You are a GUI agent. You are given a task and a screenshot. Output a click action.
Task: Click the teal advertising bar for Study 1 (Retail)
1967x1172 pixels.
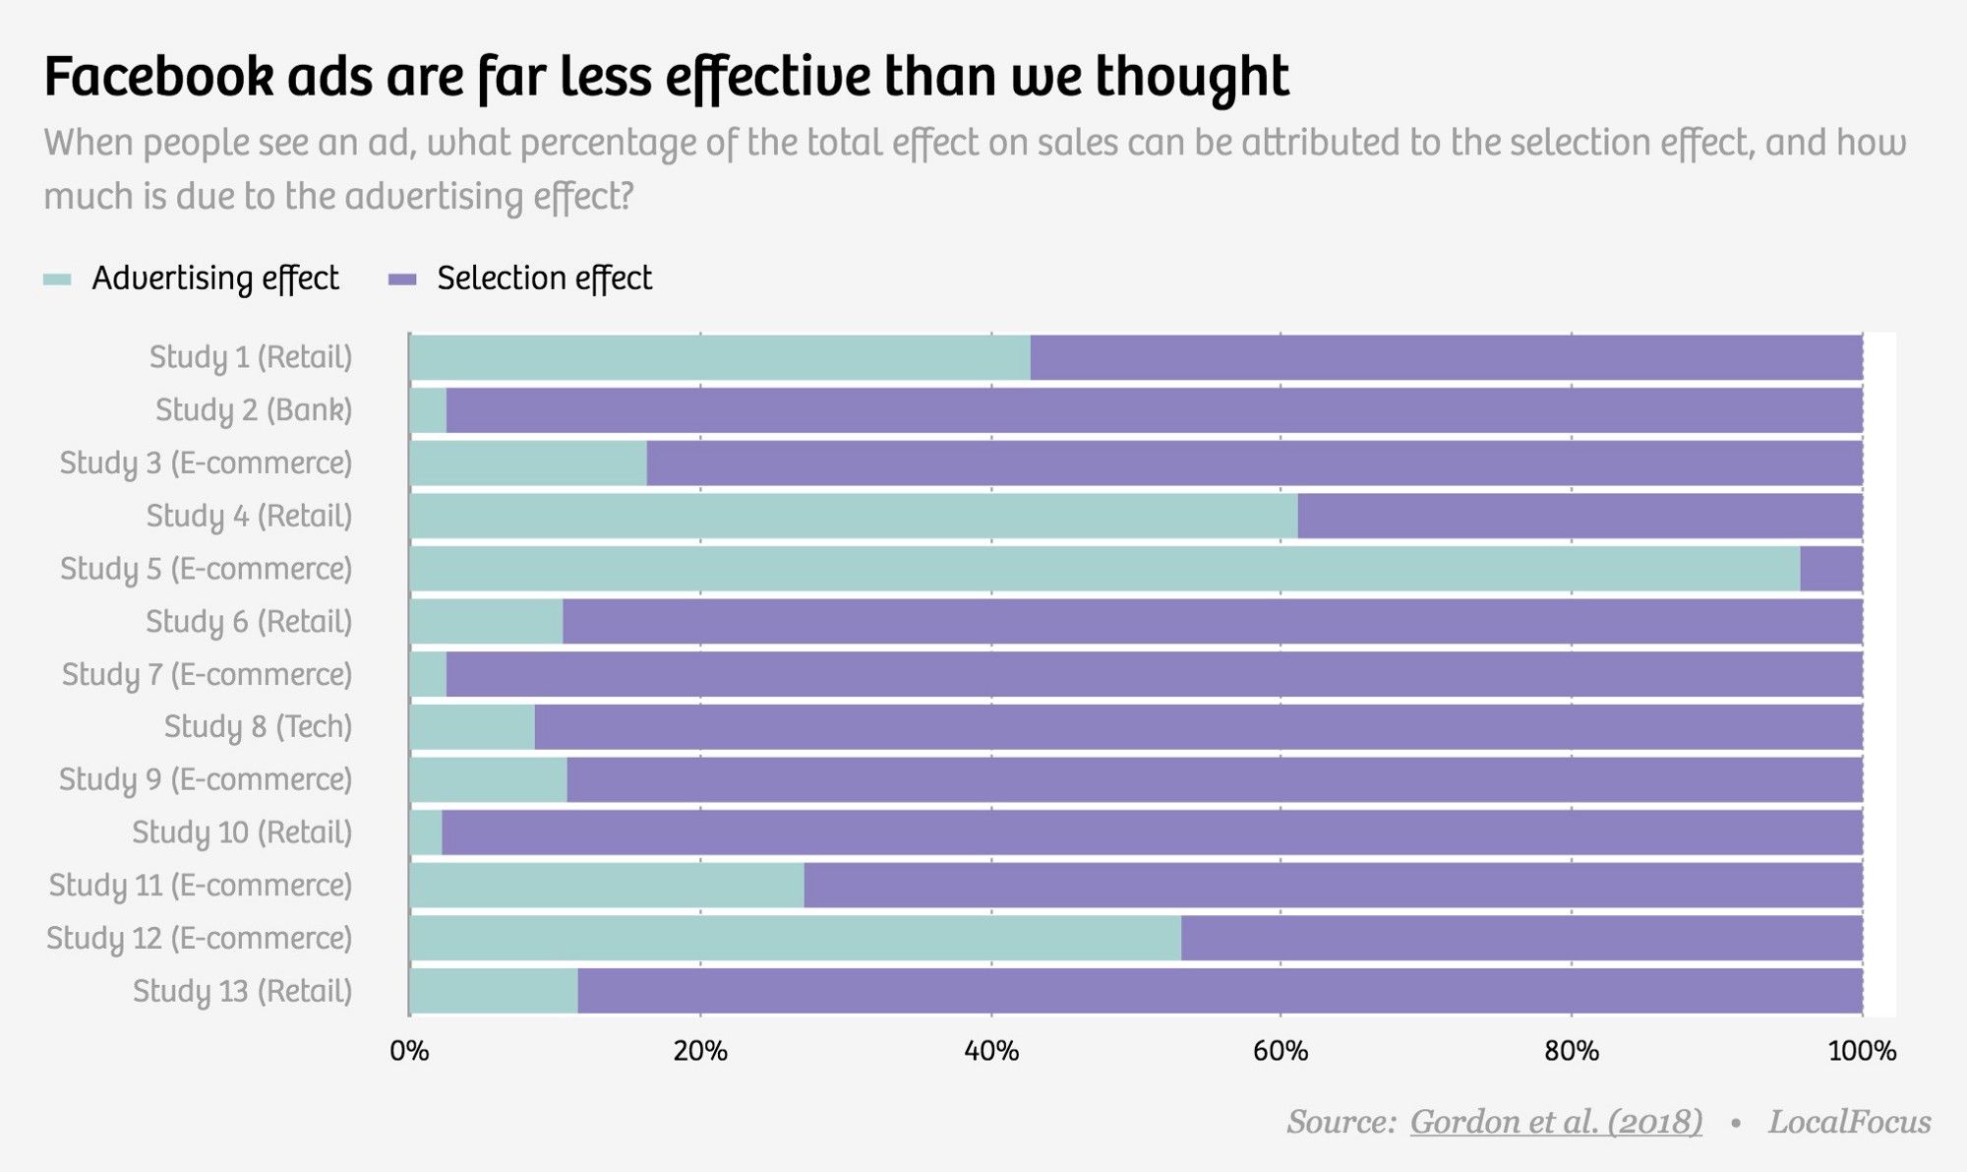click(719, 357)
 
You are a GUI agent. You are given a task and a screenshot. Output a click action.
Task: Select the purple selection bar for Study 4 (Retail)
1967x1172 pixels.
click(1580, 516)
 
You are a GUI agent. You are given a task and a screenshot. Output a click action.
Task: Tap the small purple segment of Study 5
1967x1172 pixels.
click(1830, 569)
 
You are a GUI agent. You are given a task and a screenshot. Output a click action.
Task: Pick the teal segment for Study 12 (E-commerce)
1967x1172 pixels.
click(795, 938)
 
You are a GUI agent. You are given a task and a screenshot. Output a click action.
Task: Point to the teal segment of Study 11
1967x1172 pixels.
click(606, 886)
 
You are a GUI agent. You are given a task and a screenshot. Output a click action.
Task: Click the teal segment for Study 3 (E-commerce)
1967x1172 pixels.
click(528, 463)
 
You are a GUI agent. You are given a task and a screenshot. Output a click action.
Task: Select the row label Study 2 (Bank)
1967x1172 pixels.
click(253, 410)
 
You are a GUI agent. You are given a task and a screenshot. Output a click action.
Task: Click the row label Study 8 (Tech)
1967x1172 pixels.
click(257, 727)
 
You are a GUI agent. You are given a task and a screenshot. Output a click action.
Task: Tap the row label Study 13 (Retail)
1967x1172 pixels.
click(242, 991)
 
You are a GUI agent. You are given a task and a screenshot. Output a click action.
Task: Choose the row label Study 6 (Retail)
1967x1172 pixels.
click(248, 622)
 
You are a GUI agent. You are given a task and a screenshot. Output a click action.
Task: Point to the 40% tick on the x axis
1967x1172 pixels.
click(990, 1051)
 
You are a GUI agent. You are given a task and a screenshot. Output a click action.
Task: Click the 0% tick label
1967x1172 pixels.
click(409, 1051)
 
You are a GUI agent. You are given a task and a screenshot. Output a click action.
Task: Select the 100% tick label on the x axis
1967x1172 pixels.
click(1862, 1051)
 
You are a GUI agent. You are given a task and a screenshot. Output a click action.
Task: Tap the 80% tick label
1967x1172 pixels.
click(1571, 1051)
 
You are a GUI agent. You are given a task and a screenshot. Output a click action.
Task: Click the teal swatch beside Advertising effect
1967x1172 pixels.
click(57, 279)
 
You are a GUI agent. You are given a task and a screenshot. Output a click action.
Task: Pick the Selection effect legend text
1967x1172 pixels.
click(544, 278)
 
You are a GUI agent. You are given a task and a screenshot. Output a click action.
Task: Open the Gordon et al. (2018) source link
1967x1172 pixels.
click(1555, 1122)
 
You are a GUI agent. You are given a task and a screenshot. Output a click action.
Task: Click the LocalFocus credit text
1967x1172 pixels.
click(1849, 1122)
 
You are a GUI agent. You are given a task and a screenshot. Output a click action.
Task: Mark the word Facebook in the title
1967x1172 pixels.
click(158, 77)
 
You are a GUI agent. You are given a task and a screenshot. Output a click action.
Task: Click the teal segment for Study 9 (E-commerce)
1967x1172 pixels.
click(488, 780)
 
